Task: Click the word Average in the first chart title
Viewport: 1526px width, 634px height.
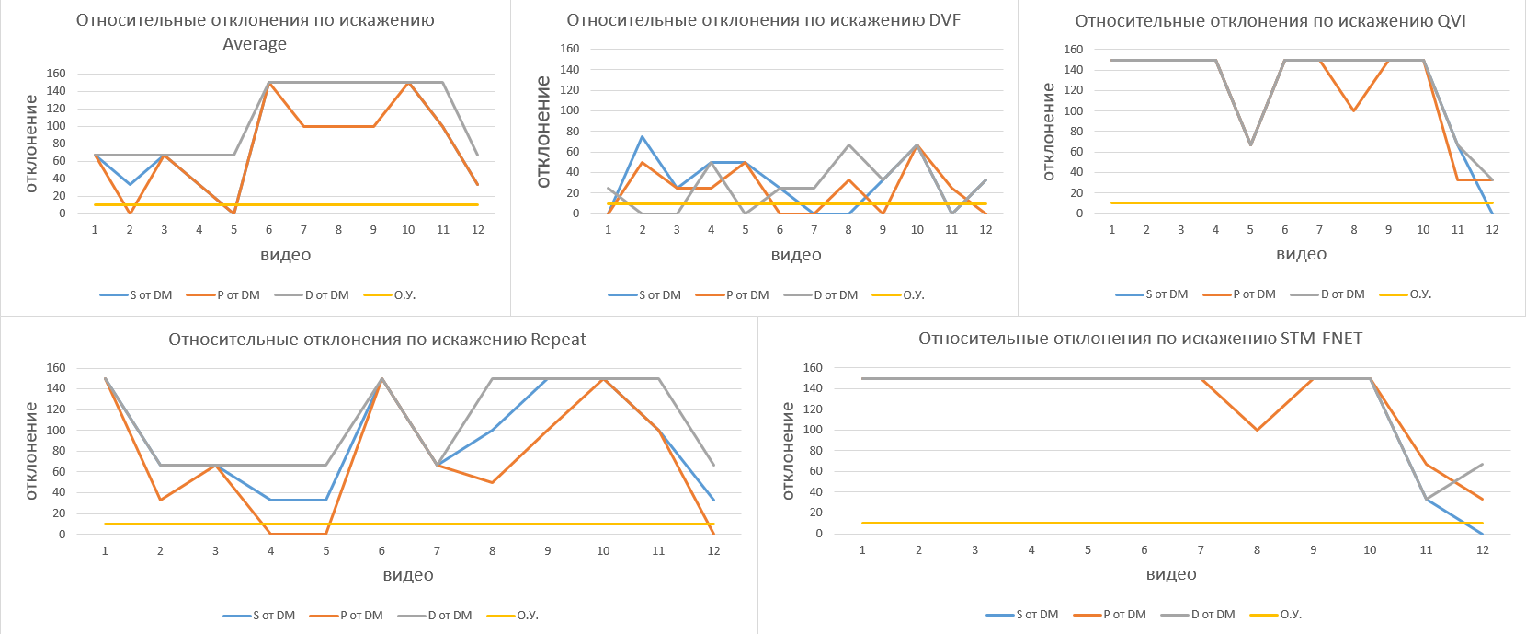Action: click(x=255, y=44)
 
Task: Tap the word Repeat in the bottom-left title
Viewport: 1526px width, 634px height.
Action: click(x=558, y=340)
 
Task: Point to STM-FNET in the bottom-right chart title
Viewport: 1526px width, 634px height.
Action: click(x=1321, y=339)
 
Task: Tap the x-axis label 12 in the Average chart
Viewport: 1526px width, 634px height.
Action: click(x=478, y=230)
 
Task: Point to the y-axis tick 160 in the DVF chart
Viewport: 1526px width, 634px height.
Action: click(x=570, y=49)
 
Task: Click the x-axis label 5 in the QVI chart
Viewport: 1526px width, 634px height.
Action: click(x=1250, y=230)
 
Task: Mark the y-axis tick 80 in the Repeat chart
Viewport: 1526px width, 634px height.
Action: click(x=56, y=451)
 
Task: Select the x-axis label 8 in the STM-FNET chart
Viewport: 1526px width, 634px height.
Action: click(x=1257, y=550)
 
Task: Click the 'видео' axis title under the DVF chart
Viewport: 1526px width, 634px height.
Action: click(x=796, y=255)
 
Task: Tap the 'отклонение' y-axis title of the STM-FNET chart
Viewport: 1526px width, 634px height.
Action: click(x=788, y=451)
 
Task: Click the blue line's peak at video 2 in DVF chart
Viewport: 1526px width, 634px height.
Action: click(x=643, y=137)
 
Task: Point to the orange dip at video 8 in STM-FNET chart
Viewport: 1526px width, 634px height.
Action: click(x=1257, y=430)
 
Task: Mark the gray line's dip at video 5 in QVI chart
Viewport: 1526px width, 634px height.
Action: click(x=1250, y=144)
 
